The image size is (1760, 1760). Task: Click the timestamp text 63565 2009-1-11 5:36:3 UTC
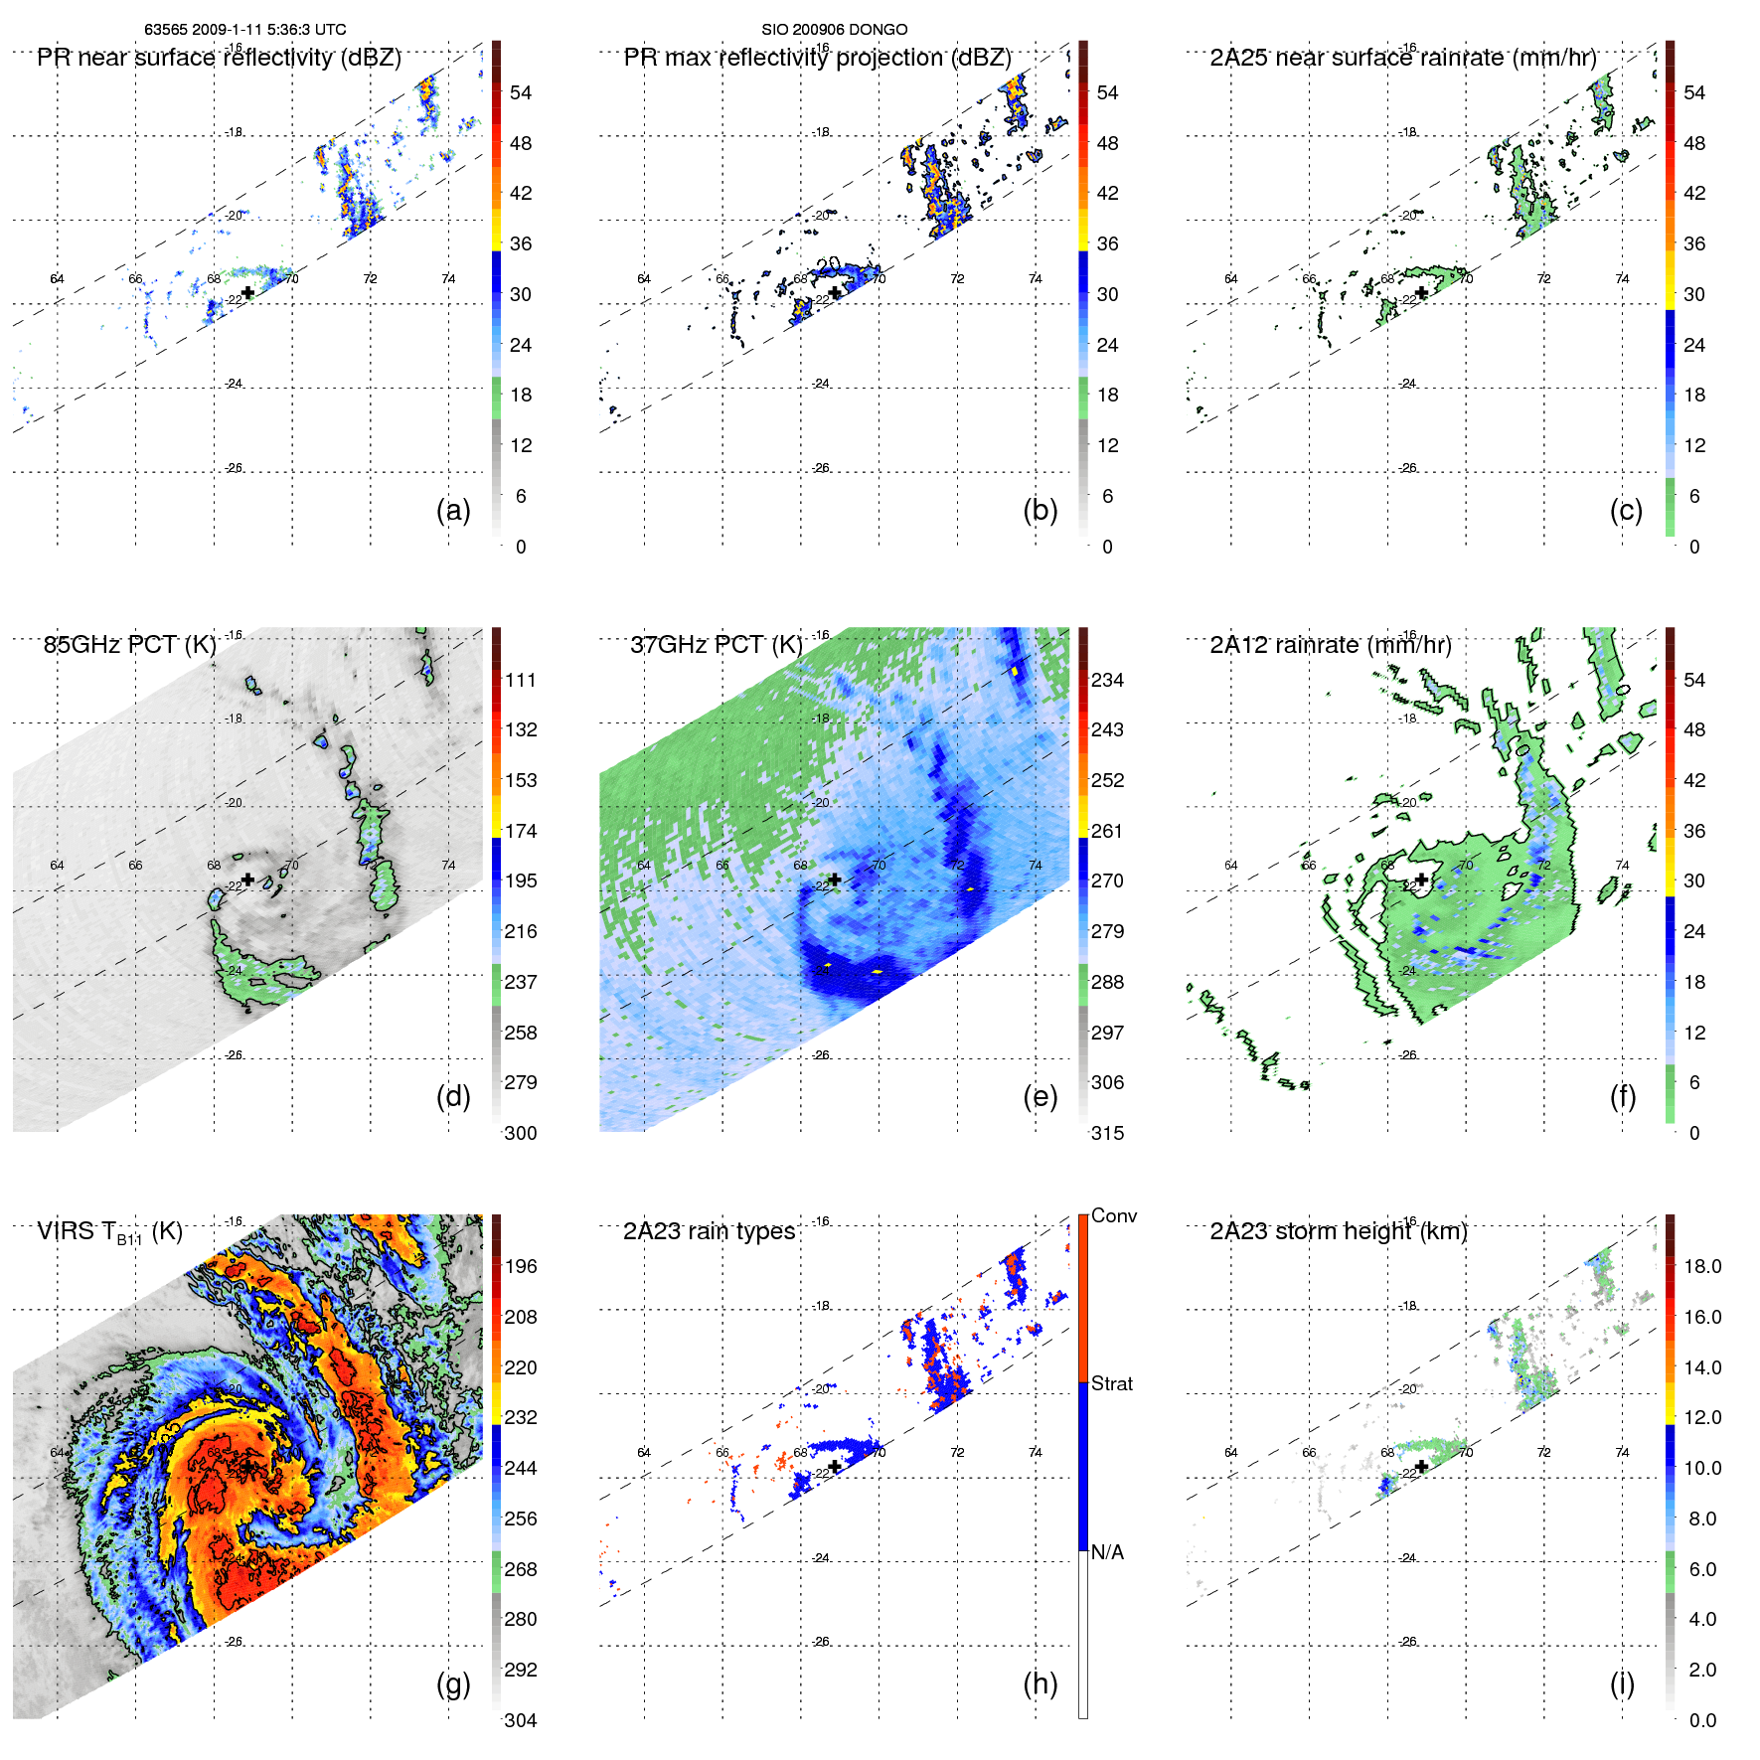pos(245,30)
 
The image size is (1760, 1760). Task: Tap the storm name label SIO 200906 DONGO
pos(834,30)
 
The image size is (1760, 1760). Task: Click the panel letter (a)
pos(453,511)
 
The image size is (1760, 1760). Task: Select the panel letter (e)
pos(1040,1097)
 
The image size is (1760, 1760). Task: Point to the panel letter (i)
pos(1622,1683)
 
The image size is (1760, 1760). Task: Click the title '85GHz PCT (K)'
pos(130,645)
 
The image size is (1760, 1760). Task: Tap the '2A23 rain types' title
pos(709,1231)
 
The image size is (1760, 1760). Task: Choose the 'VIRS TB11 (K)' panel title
pos(109,1232)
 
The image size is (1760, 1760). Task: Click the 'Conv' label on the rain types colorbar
pos(1113,1216)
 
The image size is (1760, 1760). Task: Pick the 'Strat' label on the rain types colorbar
pos(1111,1384)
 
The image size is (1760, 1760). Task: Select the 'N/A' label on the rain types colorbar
pos(1108,1552)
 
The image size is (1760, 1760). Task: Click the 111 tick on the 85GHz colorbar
pos(521,681)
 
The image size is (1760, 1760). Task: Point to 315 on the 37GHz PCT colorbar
pos(1107,1134)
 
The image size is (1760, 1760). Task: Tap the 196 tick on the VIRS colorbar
pos(521,1267)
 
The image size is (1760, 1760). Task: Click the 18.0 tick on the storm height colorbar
pos(1702,1267)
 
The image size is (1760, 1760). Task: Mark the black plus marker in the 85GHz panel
pos(247,880)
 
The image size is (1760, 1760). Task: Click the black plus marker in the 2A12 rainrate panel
pos(1422,880)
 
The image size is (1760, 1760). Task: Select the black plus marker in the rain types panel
pos(835,1467)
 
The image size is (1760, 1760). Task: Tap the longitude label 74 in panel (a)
pos(448,279)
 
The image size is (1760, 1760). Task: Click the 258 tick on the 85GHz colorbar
pos(521,1034)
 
